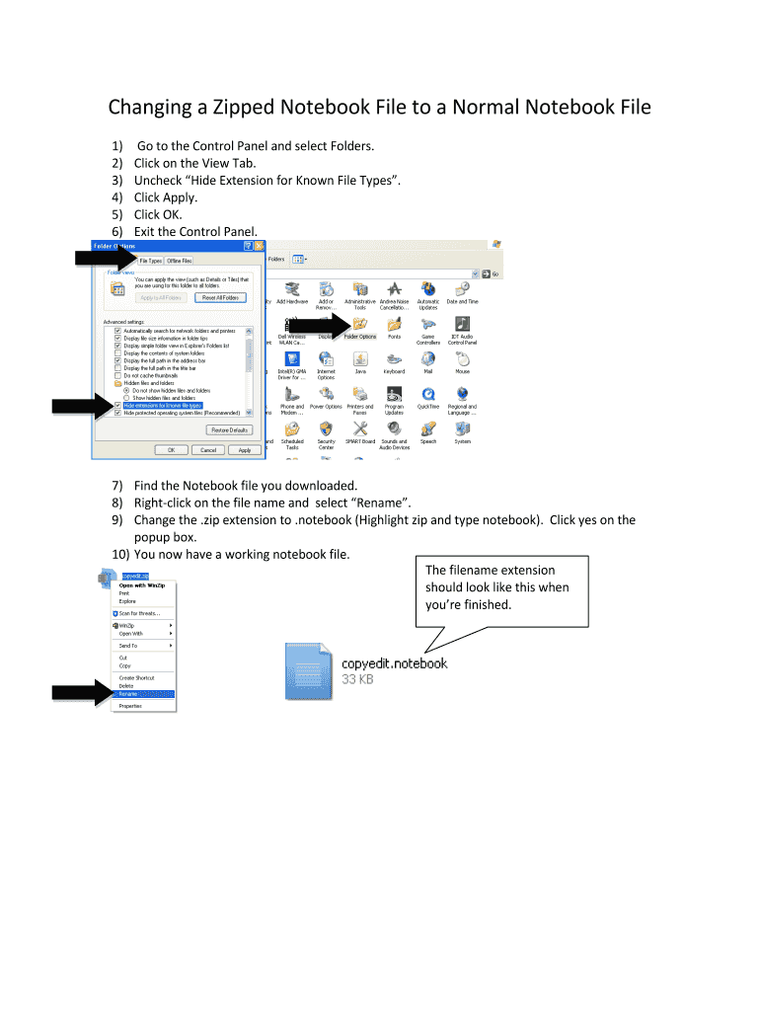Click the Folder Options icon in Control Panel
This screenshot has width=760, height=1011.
(360, 325)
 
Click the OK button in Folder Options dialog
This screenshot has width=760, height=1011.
(172, 449)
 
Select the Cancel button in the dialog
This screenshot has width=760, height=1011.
(208, 449)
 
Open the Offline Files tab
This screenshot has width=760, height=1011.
(180, 261)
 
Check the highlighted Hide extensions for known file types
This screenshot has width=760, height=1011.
(118, 405)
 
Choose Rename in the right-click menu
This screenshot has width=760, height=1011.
(129, 694)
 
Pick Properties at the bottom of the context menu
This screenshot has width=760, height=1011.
(130, 706)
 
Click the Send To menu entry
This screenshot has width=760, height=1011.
(128, 646)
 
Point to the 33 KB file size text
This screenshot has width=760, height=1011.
(357, 680)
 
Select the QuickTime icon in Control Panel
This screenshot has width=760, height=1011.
(428, 395)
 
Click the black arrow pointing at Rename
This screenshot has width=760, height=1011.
(83, 693)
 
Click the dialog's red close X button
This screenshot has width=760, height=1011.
(260, 246)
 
